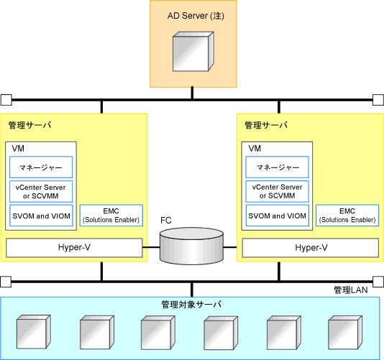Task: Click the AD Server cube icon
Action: (x=193, y=52)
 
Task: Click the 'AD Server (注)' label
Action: (x=196, y=16)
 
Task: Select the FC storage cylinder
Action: (x=191, y=246)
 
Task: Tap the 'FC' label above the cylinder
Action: (x=166, y=221)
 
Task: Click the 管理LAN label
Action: (x=351, y=290)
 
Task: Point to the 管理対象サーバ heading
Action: (x=191, y=305)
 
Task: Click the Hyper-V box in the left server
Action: (x=74, y=248)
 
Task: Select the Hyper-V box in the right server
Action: (x=311, y=248)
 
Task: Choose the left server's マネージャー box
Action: (x=41, y=167)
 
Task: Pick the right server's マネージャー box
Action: (x=278, y=167)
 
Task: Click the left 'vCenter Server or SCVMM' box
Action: (x=41, y=191)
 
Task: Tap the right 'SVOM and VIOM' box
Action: (x=278, y=216)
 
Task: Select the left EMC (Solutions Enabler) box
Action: (x=111, y=216)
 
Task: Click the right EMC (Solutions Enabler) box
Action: (x=347, y=216)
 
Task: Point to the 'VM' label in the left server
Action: (x=18, y=149)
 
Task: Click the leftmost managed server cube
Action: (x=34, y=332)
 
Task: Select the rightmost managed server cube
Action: (x=345, y=333)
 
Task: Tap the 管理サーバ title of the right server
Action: (x=266, y=125)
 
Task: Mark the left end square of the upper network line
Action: (x=6, y=100)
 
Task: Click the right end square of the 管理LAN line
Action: (x=378, y=282)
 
